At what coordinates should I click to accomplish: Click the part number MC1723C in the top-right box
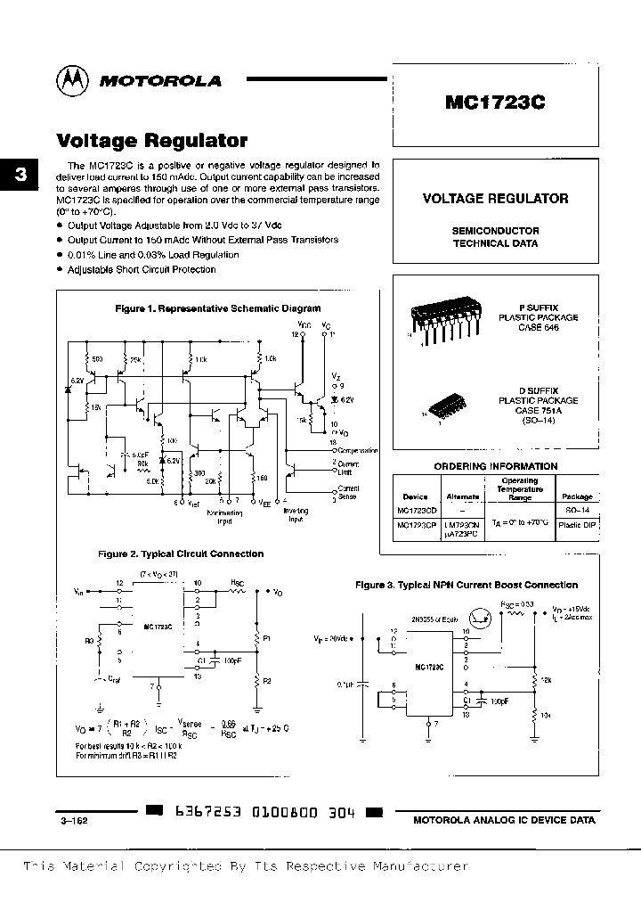(x=495, y=102)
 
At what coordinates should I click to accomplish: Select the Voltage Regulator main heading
(x=152, y=141)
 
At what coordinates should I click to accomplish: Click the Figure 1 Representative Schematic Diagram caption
(x=218, y=308)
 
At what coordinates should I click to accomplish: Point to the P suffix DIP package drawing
(x=442, y=322)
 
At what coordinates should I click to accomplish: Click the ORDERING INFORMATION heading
(x=495, y=466)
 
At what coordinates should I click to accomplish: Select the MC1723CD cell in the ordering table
(x=416, y=511)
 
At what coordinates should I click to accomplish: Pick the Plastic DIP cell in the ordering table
(x=577, y=526)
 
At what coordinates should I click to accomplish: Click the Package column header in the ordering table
(x=577, y=496)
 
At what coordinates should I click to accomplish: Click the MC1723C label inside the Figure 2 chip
(x=158, y=627)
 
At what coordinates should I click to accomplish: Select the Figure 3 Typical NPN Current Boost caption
(x=467, y=585)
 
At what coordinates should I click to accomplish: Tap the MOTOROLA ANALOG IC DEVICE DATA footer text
(x=505, y=820)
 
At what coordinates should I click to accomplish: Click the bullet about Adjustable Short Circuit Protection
(x=141, y=269)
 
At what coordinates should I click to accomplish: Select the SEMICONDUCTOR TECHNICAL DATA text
(x=495, y=236)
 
